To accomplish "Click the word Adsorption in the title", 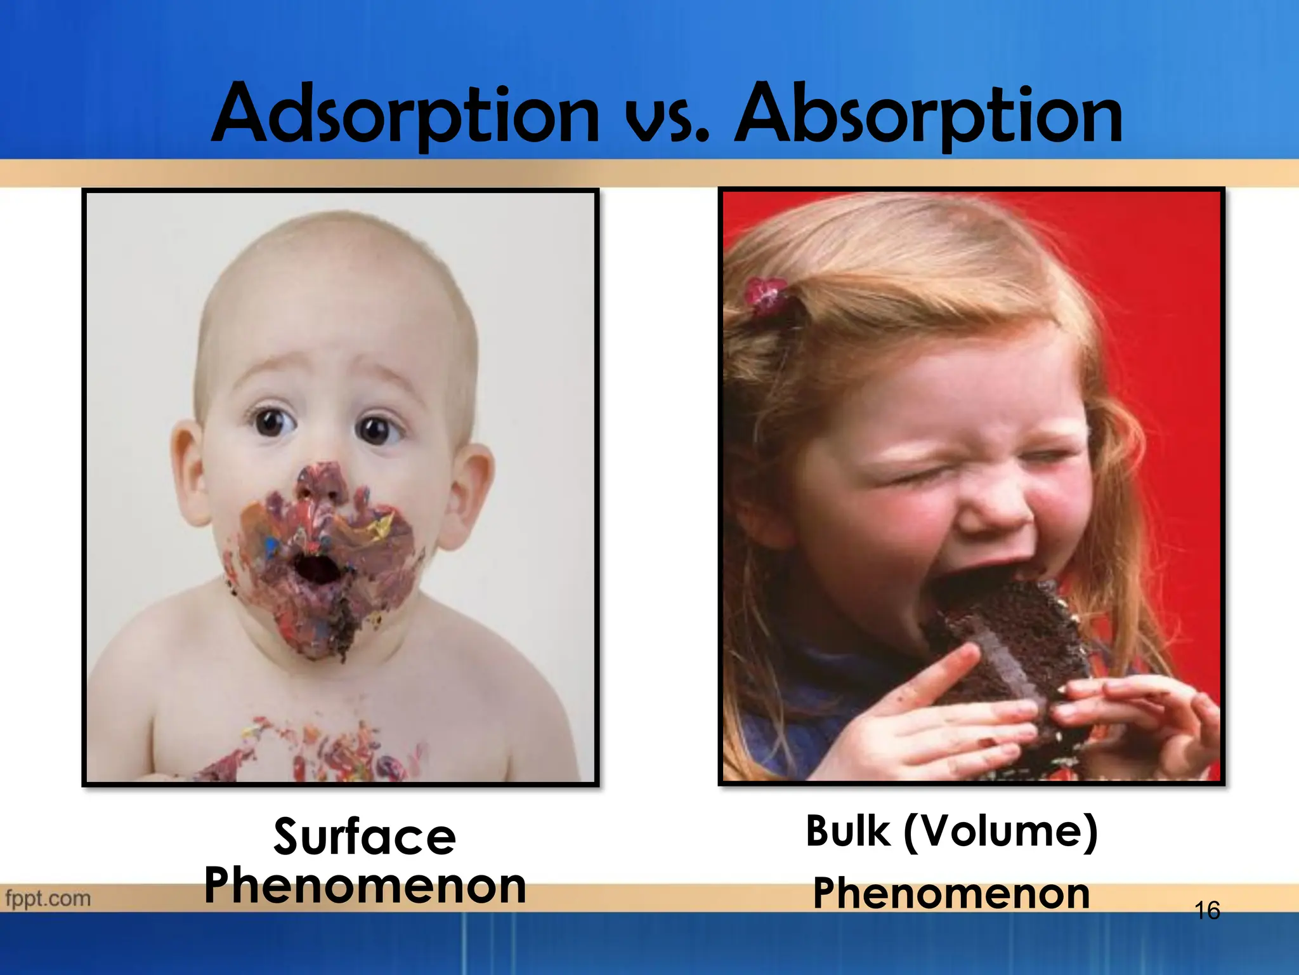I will (406, 114).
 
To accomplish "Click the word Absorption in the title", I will (929, 114).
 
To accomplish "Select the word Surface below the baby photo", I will (365, 837).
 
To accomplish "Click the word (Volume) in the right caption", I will (1000, 832).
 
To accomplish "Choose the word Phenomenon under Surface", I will (365, 886).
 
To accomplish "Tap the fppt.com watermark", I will (48, 899).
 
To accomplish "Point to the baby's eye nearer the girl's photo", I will (378, 428).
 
